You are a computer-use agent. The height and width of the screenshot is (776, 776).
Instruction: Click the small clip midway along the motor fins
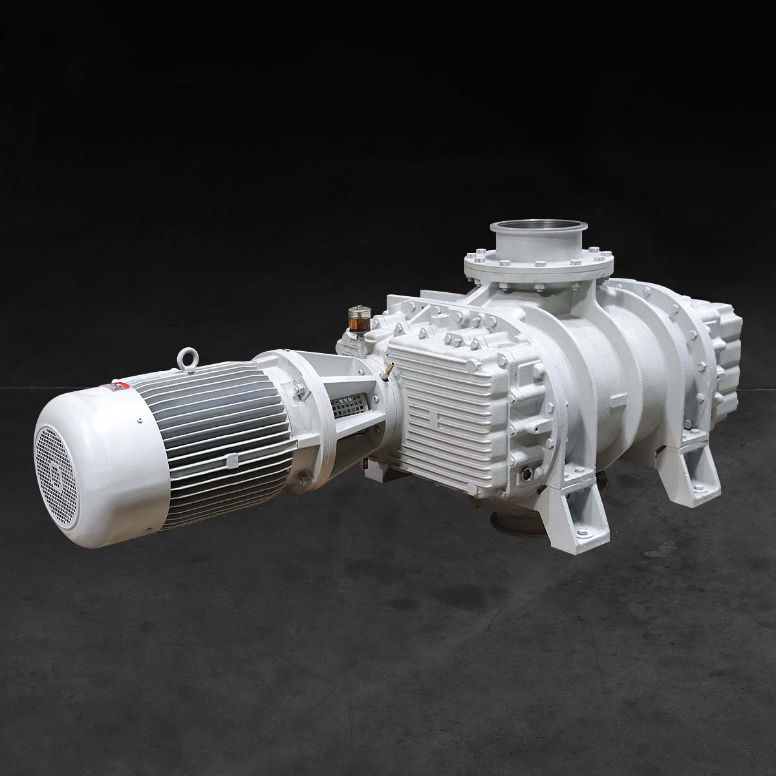[x=231, y=460]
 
